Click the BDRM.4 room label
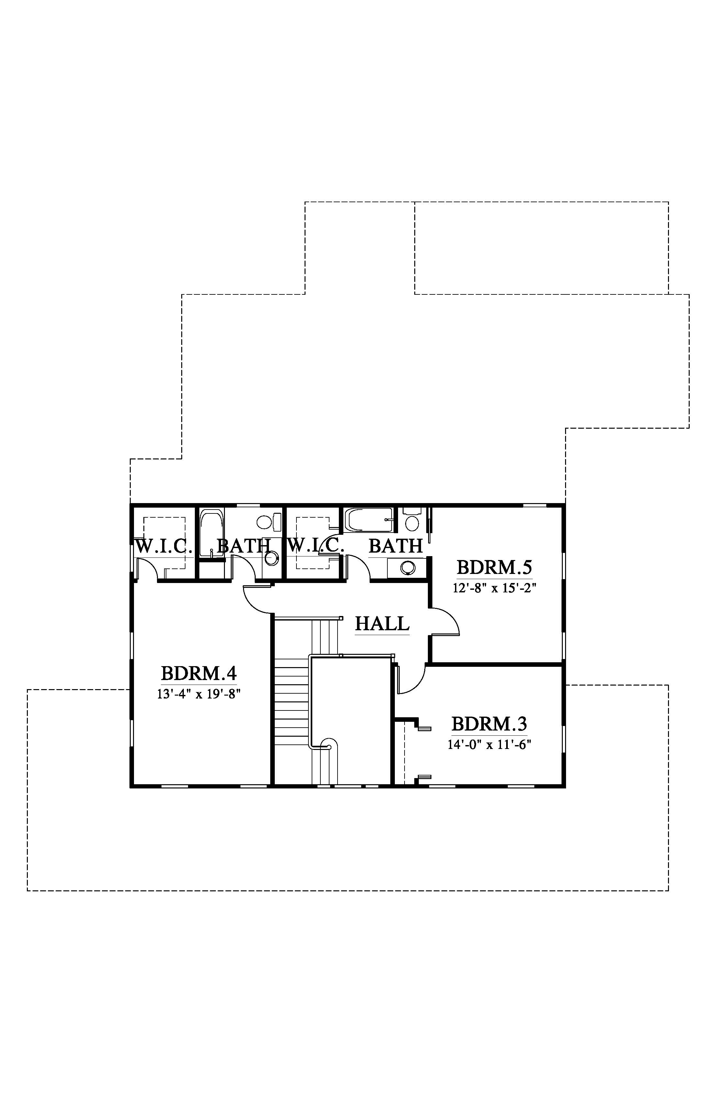pyautogui.click(x=199, y=673)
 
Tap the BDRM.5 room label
pyautogui.click(x=494, y=567)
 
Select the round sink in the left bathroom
pyautogui.click(x=272, y=557)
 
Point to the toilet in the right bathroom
pyautogui.click(x=411, y=520)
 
